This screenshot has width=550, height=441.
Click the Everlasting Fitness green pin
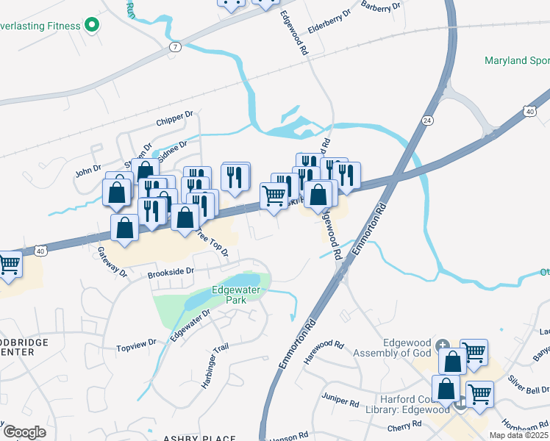92,26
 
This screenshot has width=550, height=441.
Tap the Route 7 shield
175,46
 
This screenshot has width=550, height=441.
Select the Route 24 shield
426,119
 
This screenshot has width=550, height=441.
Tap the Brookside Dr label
170,271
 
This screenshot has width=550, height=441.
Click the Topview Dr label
137,343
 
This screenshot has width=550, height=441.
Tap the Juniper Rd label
339,398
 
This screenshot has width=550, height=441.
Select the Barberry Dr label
382,6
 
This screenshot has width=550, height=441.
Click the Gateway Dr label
113,261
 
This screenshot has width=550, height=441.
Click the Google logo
24,432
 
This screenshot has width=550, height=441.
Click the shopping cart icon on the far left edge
9,265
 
